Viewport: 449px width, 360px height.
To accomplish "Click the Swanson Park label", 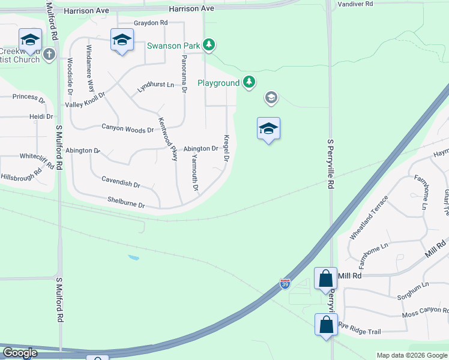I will pos(174,45).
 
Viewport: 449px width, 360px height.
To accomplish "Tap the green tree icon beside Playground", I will pos(249,83).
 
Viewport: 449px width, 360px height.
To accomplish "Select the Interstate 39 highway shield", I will pos(286,283).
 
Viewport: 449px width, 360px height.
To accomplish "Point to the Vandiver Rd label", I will pos(355,4).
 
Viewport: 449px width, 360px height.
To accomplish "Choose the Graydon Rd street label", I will pos(150,23).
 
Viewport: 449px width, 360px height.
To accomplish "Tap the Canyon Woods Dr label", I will pos(127,128).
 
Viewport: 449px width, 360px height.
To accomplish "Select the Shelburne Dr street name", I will pos(126,202).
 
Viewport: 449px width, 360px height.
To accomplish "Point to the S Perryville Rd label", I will pos(330,165).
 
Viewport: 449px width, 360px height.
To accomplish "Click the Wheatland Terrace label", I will pos(369,217).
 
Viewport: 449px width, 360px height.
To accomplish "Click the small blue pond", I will pos(133,257).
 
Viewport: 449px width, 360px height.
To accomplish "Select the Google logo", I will pos(20,353).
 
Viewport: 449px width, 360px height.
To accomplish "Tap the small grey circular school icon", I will pos(271,97).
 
